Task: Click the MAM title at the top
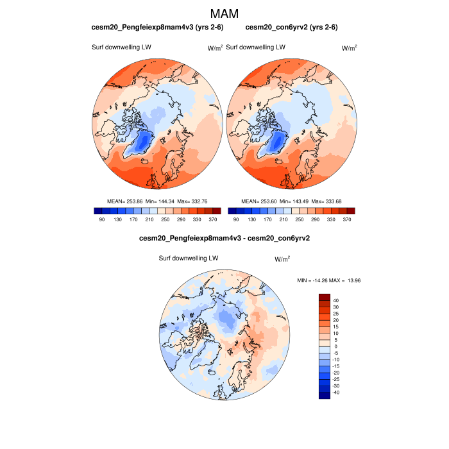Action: click(224, 13)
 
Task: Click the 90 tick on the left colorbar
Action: click(101, 219)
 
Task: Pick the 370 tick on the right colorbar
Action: click(346, 219)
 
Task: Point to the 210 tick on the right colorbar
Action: click(280, 219)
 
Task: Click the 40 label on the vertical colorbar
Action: click(336, 300)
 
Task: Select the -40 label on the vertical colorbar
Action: click(336, 393)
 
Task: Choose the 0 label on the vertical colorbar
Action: click(335, 346)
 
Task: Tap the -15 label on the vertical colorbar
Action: click(336, 366)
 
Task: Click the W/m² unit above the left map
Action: click(214, 47)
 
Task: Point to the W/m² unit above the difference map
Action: click(282, 259)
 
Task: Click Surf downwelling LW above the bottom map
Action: click(189, 258)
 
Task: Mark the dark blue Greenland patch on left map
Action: click(145, 141)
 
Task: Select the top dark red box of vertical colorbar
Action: click(325, 297)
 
